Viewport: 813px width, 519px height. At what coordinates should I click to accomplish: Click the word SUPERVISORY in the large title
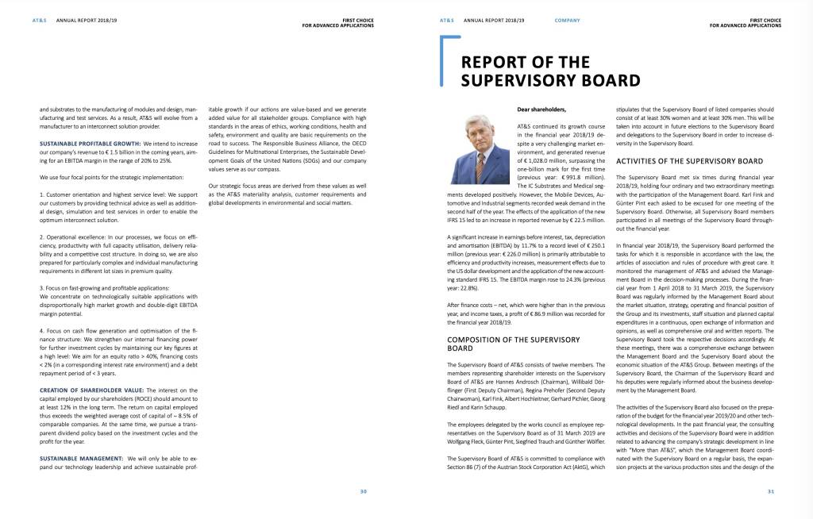(530, 80)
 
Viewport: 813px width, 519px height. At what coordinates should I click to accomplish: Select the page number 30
(363, 491)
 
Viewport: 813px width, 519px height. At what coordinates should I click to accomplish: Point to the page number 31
(770, 491)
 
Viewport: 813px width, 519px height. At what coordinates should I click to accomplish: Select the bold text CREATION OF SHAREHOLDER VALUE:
(89, 390)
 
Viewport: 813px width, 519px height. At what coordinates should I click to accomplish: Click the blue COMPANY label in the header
(566, 20)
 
